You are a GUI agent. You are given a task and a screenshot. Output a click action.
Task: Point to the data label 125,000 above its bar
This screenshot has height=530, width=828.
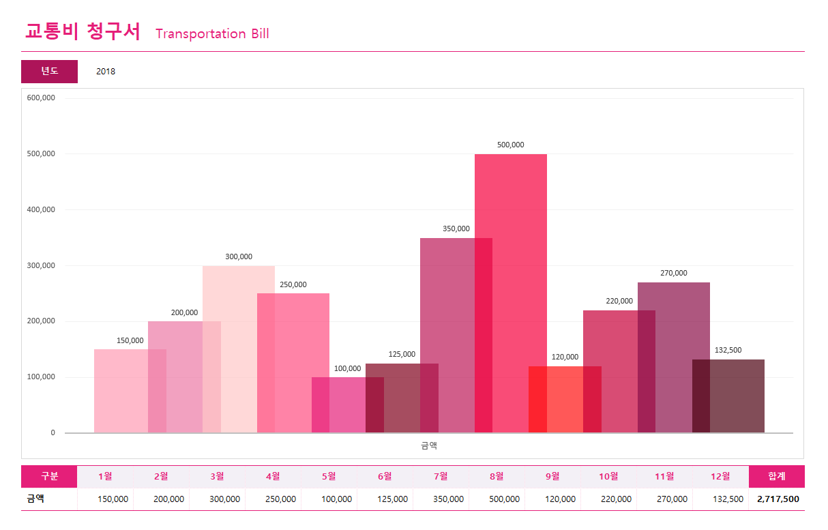[402, 354]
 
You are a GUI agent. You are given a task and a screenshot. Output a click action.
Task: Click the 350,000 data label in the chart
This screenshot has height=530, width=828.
[456, 229]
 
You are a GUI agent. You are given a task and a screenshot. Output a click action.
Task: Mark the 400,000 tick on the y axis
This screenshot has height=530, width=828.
[42, 209]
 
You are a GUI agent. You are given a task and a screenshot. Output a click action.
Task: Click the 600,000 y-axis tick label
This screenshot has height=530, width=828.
[42, 98]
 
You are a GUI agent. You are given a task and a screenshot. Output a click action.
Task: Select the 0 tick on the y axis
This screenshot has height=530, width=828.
[53, 432]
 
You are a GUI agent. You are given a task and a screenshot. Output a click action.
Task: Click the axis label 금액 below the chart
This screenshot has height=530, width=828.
[429, 445]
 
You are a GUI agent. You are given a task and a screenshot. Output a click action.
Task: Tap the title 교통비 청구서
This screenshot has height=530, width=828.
[83, 31]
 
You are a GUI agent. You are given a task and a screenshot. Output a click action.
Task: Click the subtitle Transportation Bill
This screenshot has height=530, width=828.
[212, 33]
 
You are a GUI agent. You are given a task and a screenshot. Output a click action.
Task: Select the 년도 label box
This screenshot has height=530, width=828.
[49, 71]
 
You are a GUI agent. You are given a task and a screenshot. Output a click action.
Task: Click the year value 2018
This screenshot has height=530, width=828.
[106, 71]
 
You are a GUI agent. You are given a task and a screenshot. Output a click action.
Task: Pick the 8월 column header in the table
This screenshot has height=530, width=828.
[497, 476]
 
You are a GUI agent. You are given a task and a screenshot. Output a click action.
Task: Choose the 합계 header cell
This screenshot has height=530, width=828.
[776, 476]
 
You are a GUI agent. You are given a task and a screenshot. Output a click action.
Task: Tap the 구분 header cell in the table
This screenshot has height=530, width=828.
[49, 476]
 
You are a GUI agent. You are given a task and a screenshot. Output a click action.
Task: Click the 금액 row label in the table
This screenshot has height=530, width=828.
[35, 499]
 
